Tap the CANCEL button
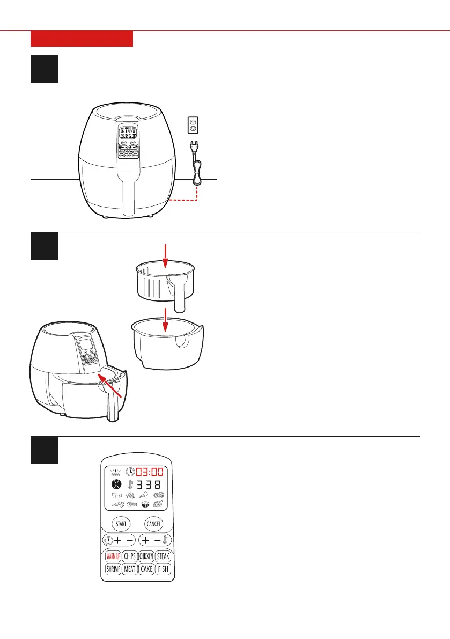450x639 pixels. pyautogui.click(x=153, y=524)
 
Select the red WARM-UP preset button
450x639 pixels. pyautogui.click(x=113, y=556)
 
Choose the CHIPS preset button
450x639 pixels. pyautogui.click(x=129, y=556)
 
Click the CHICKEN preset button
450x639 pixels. pyautogui.click(x=146, y=556)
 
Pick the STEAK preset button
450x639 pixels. pyautogui.click(x=163, y=556)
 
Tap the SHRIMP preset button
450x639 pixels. pyautogui.click(x=113, y=569)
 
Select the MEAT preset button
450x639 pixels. pyautogui.click(x=129, y=569)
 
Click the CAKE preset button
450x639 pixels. pyautogui.click(x=146, y=569)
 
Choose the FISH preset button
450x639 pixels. pyautogui.click(x=163, y=569)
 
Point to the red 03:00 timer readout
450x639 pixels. pyautogui.click(x=151, y=473)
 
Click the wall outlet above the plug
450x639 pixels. pyautogui.click(x=193, y=126)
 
